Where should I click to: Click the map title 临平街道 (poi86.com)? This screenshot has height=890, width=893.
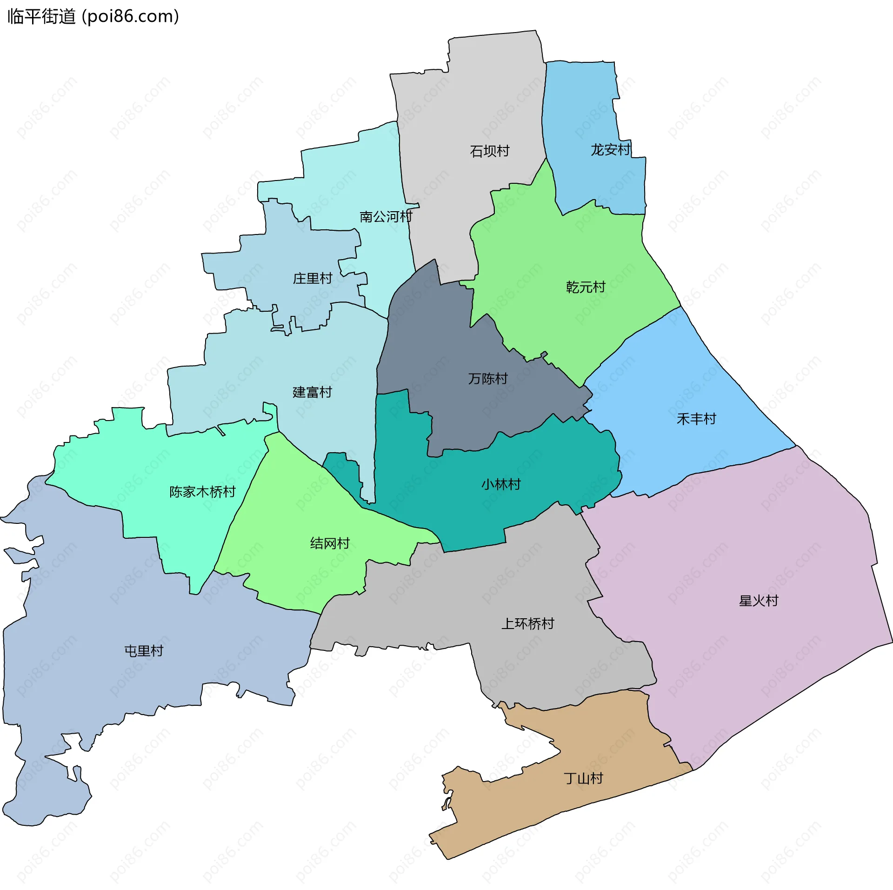93,17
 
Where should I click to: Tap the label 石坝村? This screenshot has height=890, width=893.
489,151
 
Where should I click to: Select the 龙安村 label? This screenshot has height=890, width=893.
610,150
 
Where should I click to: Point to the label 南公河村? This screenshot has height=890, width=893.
386,217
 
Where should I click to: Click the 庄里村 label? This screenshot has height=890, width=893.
312,279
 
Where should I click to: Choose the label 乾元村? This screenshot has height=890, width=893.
586,287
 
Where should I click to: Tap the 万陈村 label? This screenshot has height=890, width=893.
487,379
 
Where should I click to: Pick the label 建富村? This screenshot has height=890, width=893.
312,392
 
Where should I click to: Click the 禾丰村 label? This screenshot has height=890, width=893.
696,419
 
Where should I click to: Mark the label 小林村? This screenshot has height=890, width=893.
500,485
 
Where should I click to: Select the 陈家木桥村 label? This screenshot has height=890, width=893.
202,492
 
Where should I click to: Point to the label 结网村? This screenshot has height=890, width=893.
330,543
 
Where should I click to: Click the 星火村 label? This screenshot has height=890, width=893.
758,601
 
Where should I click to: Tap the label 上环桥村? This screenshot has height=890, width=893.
527,624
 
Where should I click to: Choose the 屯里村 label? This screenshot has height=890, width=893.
144,651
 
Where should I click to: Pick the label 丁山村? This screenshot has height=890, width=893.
583,778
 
